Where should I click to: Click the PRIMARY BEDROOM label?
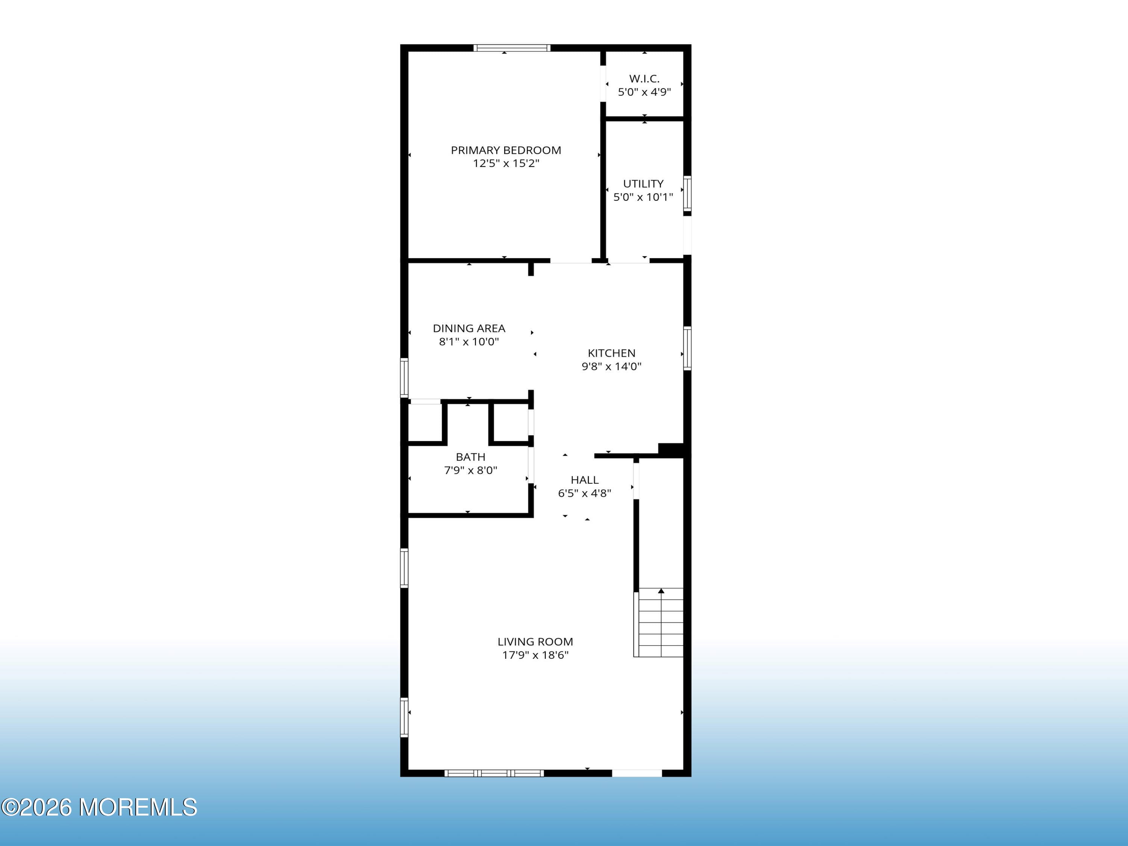[505, 150]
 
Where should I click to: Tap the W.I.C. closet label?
[644, 79]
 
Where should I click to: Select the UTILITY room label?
[643, 183]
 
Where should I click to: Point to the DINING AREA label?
[468, 328]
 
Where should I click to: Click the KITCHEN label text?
[611, 353]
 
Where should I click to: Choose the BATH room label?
[470, 457]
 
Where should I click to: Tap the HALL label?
[584, 480]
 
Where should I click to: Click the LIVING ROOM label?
[535, 641]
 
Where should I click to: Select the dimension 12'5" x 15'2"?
[505, 163]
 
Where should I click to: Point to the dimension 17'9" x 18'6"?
[535, 655]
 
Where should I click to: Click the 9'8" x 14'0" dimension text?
[611, 366]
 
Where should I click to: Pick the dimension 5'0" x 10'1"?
[643, 197]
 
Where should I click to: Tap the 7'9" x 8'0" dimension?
[470, 470]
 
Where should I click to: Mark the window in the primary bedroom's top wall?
[511, 48]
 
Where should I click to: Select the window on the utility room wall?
[687, 193]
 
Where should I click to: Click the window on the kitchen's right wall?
[687, 348]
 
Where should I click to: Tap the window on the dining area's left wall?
[404, 378]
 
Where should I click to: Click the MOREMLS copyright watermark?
[99, 807]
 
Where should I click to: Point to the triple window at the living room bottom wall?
[494, 773]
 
